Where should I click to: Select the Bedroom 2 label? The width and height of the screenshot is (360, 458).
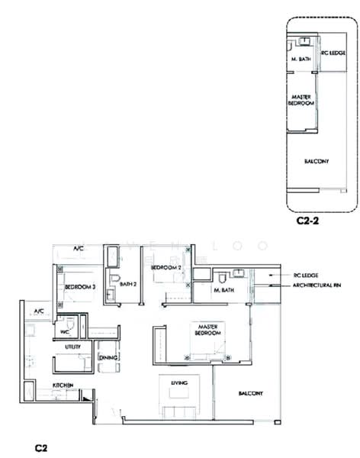coord(166,268)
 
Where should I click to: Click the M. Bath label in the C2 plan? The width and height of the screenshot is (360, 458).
coord(223,291)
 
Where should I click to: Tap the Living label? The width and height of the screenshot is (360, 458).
coord(179,383)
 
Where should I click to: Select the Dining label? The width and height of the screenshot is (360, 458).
coord(108,356)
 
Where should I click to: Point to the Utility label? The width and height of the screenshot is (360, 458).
coord(73,346)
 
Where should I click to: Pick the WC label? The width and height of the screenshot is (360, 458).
coord(65,331)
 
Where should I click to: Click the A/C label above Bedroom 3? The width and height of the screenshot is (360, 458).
coord(78,249)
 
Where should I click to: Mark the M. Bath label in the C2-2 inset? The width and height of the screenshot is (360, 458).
coord(299,59)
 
